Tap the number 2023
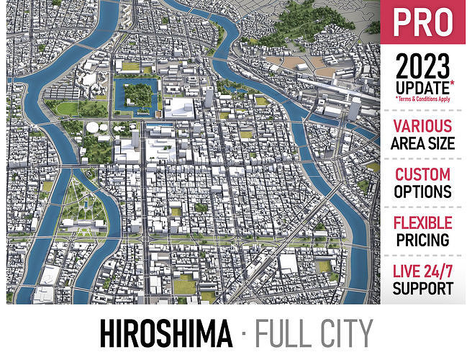point(423,68)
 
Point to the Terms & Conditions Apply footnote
point(423,99)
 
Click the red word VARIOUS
point(423,127)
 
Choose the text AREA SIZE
point(423,143)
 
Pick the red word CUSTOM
point(423,175)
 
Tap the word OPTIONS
point(423,192)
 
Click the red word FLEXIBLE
point(423,222)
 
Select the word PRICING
point(423,239)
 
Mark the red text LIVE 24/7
point(423,271)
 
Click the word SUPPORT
point(423,288)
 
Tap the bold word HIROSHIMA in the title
point(166,335)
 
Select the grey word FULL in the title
point(286,335)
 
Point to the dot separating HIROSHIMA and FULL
point(245,336)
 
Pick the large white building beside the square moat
point(180,107)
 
